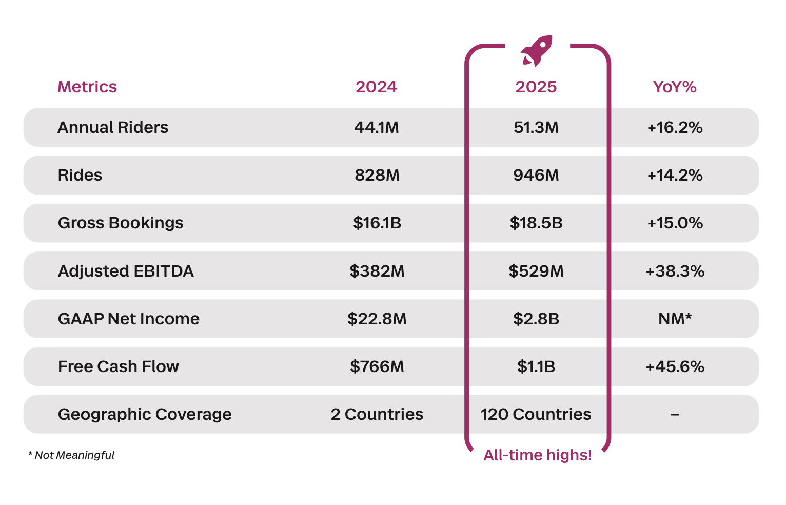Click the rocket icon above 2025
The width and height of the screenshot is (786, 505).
(537, 51)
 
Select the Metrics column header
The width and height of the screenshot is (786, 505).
(87, 87)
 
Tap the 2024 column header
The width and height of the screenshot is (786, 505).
(376, 87)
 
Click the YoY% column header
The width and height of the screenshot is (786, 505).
(674, 87)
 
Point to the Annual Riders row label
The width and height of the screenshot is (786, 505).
(113, 127)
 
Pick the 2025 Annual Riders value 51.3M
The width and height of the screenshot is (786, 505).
(536, 127)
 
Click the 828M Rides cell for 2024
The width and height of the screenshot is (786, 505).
(377, 175)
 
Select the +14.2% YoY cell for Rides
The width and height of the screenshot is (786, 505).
(675, 175)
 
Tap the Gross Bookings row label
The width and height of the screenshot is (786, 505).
(121, 223)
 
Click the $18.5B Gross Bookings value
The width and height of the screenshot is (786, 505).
(536, 223)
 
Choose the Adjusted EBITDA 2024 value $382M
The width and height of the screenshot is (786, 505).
(377, 271)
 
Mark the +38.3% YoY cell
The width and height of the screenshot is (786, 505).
(675, 271)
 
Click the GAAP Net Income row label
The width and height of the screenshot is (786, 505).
(129, 319)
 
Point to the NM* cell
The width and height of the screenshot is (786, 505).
(675, 319)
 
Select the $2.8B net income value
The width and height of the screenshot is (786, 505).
(536, 319)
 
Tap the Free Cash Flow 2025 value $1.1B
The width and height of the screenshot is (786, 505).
(536, 366)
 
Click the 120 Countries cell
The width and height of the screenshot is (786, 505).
(536, 414)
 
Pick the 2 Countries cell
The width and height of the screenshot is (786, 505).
(377, 414)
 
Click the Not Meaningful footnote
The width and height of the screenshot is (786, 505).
(72, 455)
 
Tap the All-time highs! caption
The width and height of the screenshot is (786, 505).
(537, 455)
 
